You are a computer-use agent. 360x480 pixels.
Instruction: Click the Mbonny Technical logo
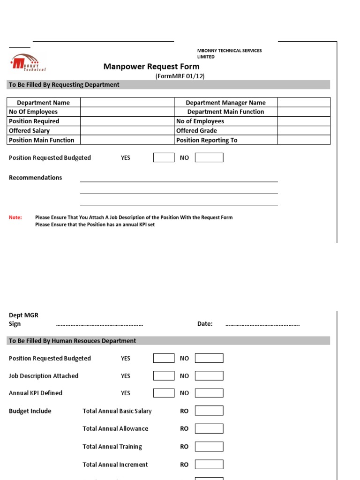pyautogui.click(x=28, y=63)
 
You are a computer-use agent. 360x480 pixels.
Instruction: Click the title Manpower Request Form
pyautogui.click(x=151, y=67)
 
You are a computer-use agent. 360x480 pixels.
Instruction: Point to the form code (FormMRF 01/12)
pyautogui.click(x=180, y=76)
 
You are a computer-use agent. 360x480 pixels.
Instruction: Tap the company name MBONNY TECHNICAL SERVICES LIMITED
pyautogui.click(x=229, y=53)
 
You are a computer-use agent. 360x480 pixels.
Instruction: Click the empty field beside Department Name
pyautogui.click(x=127, y=103)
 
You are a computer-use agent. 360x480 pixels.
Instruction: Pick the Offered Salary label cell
pyautogui.click(x=44, y=131)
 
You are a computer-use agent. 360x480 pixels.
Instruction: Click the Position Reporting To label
pyautogui.click(x=207, y=140)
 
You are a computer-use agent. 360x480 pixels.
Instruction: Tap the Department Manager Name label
pyautogui.click(x=225, y=103)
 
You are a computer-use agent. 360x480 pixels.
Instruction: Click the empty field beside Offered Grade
pyautogui.click(x=304, y=131)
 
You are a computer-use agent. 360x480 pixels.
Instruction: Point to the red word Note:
pyautogui.click(x=15, y=217)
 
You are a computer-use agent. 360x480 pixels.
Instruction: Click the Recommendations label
pyautogui.click(x=35, y=178)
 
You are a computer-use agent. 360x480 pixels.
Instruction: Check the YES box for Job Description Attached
pyautogui.click(x=164, y=376)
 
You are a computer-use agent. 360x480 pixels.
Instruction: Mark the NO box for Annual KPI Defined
pyautogui.click(x=209, y=393)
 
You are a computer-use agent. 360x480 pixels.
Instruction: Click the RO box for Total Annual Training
pyautogui.click(x=209, y=447)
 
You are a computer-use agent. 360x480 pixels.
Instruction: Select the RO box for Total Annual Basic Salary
pyautogui.click(x=209, y=411)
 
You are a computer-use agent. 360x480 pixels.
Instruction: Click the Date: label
pyautogui.click(x=205, y=324)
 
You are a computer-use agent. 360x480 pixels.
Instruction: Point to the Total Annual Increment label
pyautogui.click(x=115, y=465)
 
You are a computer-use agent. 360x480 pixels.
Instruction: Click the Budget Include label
pyautogui.click(x=30, y=411)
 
